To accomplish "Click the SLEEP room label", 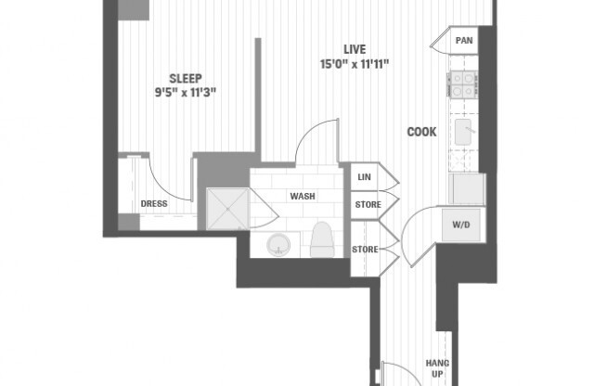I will click(186, 79).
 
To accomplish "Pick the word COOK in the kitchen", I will click(422, 132).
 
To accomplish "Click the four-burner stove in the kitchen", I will click(462, 85).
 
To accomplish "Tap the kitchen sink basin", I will click(463, 133).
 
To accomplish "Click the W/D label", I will click(461, 225).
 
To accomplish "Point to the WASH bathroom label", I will click(302, 197).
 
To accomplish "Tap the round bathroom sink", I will click(278, 245).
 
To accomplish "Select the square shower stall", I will click(226, 209).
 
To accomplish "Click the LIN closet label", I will click(365, 176).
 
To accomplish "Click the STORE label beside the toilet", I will click(364, 250).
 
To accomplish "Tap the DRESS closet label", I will click(153, 204).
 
